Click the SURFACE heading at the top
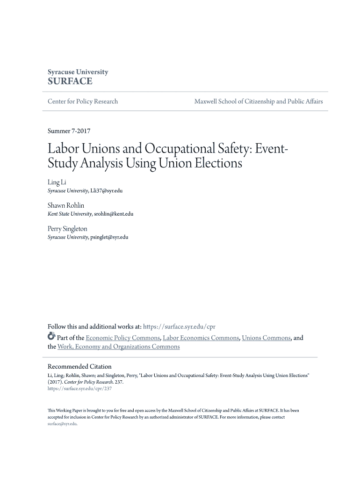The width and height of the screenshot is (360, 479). click(70, 81)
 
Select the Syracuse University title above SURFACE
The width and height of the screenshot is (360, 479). click(78, 72)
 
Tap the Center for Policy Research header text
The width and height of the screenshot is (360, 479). click(83, 102)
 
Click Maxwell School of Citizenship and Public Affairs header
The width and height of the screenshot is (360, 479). click(258, 102)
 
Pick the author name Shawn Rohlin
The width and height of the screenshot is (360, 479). click(66, 205)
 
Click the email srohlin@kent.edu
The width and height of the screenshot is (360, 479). click(114, 214)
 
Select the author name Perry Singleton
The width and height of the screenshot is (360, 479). click(67, 229)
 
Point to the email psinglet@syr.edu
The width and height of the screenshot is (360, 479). click(109, 237)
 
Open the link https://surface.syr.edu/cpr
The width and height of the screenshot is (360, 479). click(179, 326)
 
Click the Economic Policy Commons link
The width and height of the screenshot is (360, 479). click(123, 338)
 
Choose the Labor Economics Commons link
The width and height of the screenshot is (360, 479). click(201, 338)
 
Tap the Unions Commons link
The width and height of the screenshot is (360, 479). click(266, 338)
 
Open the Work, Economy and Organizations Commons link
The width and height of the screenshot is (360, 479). click(118, 347)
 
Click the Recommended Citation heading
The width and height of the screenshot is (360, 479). click(79, 366)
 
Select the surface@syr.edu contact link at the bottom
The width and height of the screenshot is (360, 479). click(62, 424)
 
